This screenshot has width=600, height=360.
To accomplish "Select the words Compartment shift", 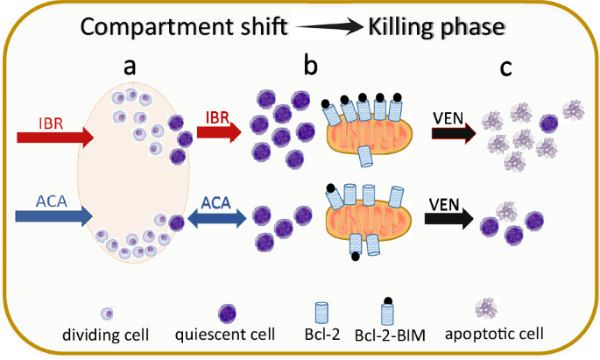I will [x=185, y=27].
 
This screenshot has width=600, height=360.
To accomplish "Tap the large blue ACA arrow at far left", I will [x=53, y=214].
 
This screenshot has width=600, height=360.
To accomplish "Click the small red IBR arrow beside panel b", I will [x=222, y=132].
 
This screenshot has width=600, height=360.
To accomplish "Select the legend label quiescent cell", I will [x=225, y=334].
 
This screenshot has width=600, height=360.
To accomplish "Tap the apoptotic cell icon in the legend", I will [x=485, y=307].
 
